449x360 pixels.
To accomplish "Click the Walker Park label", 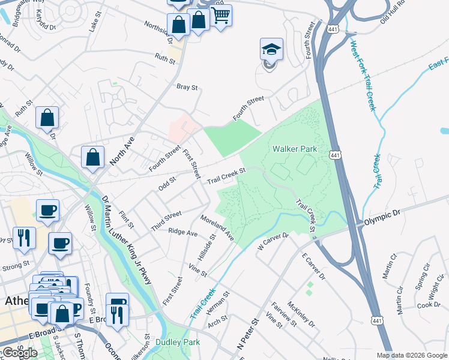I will point(294,149).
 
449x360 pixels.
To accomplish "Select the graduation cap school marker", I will point(271,49).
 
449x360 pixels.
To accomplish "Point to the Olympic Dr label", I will point(382,218).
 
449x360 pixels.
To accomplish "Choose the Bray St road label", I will point(187,87).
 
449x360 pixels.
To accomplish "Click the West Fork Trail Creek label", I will point(363,75).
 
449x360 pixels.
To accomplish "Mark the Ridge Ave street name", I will point(183,232).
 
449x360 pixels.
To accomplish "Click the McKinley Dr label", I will point(301,314).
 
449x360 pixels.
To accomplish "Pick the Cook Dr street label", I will point(429,305).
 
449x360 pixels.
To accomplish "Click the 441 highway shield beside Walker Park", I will point(334,155).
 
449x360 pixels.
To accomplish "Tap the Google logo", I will point(20,352).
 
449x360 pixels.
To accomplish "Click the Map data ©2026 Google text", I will point(411,355).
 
